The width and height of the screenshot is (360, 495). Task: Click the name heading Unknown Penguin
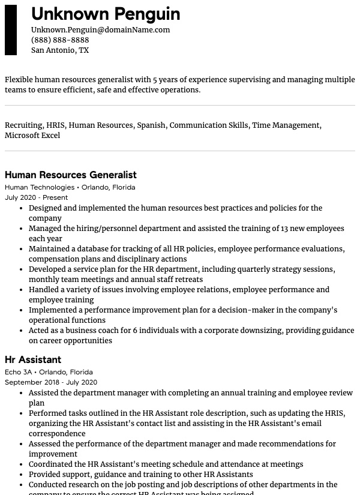[106, 14]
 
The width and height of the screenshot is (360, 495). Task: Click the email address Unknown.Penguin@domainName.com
[100, 29]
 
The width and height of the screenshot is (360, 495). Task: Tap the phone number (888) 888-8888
[60, 40]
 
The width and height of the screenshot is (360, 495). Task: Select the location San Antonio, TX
[60, 50]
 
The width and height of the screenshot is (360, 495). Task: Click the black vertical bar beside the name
[11, 30]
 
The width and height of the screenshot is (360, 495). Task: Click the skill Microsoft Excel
[32, 136]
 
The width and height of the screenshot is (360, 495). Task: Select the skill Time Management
[286, 125]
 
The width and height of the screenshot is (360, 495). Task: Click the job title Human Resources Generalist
[71, 175]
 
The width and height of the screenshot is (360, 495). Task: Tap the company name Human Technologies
[40, 187]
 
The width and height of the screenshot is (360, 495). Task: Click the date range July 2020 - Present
[36, 197]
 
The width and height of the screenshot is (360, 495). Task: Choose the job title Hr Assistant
[33, 360]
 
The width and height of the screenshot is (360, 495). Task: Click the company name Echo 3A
[19, 372]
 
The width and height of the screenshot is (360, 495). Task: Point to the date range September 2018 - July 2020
[51, 382]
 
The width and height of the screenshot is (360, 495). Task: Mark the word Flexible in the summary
[19, 80]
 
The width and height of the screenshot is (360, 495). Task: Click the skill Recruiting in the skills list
[23, 125]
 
